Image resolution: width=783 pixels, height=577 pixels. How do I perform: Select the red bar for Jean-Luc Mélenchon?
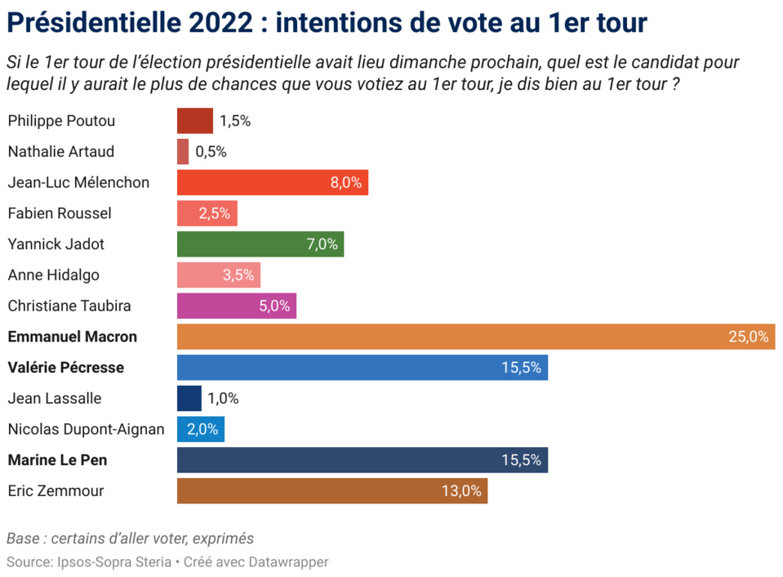click(272, 182)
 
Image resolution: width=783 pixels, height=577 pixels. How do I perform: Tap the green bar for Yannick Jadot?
click(260, 244)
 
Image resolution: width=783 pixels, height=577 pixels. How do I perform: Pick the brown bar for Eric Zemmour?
click(331, 491)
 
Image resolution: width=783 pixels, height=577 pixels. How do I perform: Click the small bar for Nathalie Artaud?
click(183, 152)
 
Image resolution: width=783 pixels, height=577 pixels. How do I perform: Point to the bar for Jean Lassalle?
click(189, 399)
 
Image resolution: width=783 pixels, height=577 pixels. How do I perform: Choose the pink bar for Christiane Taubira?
click(236, 306)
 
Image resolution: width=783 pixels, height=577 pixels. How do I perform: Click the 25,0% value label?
click(749, 337)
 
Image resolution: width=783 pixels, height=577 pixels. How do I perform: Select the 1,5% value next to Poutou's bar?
click(235, 121)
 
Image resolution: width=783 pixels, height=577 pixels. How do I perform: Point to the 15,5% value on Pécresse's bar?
click(522, 368)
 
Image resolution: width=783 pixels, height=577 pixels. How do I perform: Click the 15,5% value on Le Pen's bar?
click(522, 460)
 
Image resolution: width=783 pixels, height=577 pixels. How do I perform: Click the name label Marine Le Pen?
click(57, 460)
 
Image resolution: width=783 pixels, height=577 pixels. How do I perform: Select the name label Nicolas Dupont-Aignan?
click(86, 429)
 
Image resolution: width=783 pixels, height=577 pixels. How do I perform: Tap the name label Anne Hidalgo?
click(53, 275)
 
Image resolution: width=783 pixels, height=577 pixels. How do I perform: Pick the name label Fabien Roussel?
click(60, 213)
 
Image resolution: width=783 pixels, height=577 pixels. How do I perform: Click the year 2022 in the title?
click(220, 23)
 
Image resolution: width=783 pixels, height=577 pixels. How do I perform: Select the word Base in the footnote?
click(22, 539)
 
